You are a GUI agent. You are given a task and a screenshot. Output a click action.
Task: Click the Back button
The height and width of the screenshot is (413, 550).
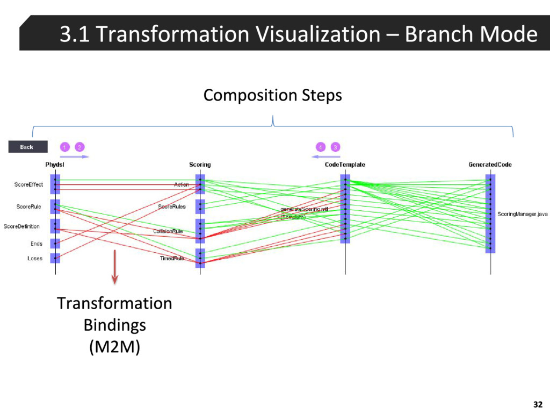tap(27, 147)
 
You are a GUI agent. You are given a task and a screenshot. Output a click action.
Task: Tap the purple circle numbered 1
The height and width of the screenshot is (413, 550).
tap(64, 147)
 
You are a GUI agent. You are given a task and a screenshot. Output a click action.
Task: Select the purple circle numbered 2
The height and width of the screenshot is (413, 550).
tap(79, 147)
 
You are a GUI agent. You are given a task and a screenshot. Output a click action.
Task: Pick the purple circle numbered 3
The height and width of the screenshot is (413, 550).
tap(335, 147)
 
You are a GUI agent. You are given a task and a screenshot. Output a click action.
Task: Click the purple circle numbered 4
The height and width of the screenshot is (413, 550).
tap(320, 147)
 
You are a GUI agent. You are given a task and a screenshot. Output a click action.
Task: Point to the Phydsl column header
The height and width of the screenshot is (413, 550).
tap(55, 165)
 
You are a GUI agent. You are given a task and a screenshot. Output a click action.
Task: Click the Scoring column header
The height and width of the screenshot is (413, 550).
tap(200, 165)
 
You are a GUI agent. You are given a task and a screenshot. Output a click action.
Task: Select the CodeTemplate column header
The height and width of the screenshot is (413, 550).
tap(345, 165)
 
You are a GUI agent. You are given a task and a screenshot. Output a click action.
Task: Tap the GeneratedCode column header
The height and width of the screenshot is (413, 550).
tap(490, 165)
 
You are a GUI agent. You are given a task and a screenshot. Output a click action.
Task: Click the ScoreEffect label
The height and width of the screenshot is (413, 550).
tap(28, 185)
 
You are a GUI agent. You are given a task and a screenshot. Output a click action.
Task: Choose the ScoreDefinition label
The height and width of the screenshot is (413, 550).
tap(21, 226)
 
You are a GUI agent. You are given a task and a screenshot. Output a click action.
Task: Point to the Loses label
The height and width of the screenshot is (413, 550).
tap(35, 259)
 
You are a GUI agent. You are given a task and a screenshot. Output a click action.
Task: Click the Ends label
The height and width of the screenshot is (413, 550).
tap(36, 244)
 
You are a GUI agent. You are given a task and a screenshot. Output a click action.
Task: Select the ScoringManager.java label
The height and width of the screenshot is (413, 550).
tap(522, 214)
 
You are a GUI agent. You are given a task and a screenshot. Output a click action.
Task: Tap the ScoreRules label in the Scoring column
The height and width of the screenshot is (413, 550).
tap(172, 206)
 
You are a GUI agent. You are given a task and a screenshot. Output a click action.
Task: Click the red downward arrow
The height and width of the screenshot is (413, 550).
tap(114, 266)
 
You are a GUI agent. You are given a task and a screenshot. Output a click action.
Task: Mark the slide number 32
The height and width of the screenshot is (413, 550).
tap(537, 404)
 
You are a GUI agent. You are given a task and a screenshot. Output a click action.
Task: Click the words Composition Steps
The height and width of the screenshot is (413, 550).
tap(272, 96)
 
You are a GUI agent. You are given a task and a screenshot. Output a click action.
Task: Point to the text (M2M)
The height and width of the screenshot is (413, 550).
tap(114, 348)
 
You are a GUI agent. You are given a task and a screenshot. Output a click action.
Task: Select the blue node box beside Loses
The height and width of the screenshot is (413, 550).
tap(55, 258)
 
